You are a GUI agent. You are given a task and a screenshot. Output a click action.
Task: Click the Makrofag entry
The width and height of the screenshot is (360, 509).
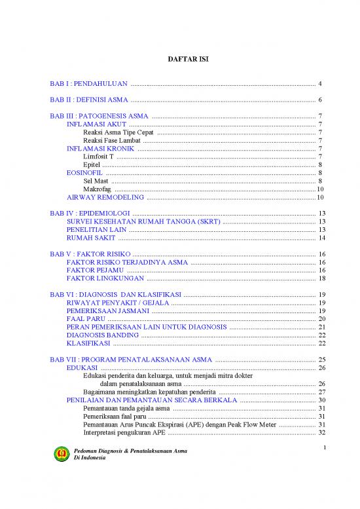point(98,189)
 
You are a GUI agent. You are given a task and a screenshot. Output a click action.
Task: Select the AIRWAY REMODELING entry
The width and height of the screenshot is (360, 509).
point(105,197)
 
